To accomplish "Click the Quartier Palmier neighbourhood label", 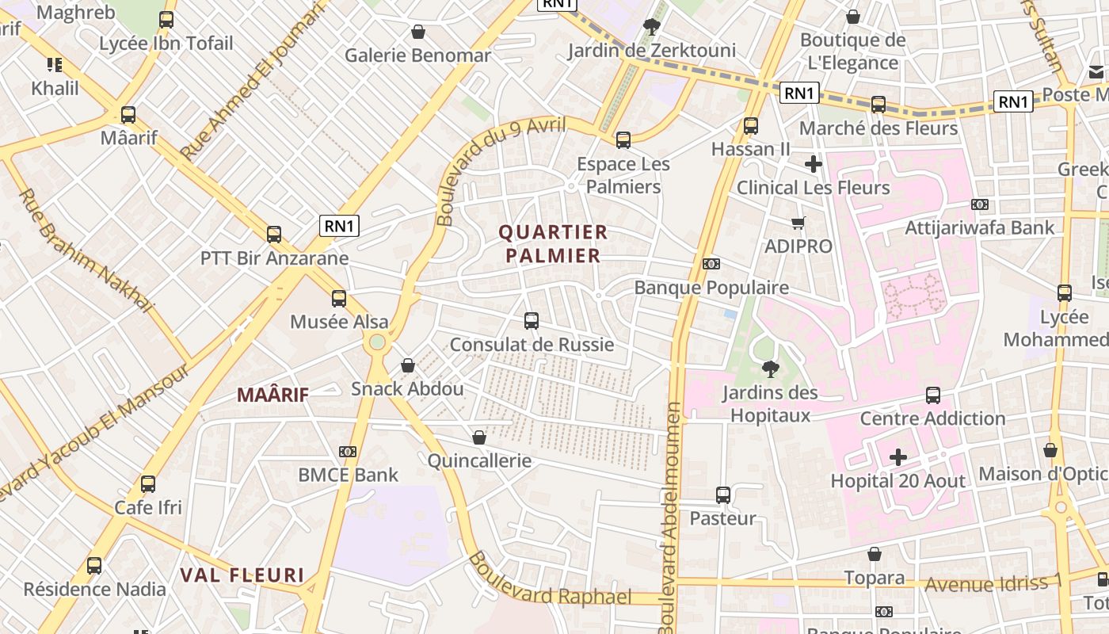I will click(x=553, y=244).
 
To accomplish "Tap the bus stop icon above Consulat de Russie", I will click(x=532, y=321).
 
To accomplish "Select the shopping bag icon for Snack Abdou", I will click(x=408, y=365).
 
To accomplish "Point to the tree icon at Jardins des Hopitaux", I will click(x=769, y=369).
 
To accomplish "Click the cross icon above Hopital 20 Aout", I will click(x=897, y=457).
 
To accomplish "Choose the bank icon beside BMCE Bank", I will click(x=347, y=452).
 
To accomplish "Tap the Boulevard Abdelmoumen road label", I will click(x=670, y=515).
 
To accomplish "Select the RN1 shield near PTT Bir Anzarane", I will click(x=339, y=226).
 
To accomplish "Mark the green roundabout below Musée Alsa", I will click(x=377, y=342).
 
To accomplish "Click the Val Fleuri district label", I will click(x=242, y=575).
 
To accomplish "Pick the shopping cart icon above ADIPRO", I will click(x=798, y=223).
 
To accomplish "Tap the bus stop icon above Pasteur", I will click(x=722, y=495).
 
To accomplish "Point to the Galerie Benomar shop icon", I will click(x=417, y=32).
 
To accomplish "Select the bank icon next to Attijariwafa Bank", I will click(x=980, y=204).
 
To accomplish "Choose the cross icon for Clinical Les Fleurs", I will click(x=813, y=165).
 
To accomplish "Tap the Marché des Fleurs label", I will click(x=878, y=128).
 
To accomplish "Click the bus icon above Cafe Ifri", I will click(x=148, y=484).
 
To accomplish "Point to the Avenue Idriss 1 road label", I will click(x=993, y=584).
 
